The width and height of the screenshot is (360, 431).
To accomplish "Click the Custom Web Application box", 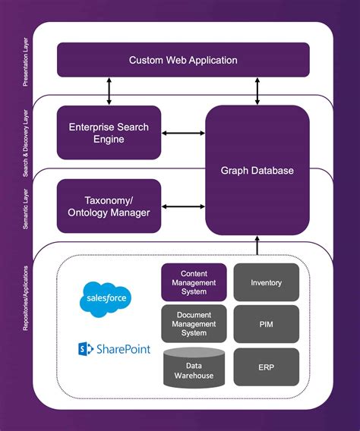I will coord(183,60).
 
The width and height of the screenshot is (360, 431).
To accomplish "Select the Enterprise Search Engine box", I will coord(109,132).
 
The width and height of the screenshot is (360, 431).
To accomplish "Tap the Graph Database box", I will coord(257,170).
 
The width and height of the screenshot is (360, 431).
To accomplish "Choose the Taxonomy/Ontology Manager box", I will coord(109,206).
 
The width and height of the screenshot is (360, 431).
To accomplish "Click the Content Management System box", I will coord(194,282).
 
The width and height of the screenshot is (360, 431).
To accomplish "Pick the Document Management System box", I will coord(194,323).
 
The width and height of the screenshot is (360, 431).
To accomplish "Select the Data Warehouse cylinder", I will coord(194,367).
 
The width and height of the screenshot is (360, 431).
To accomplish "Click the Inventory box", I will coord(266,282).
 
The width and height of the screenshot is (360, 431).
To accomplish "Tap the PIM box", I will coord(266,323).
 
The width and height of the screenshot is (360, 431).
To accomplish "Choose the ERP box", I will coord(266,367).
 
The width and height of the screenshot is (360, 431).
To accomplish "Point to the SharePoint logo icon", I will coord(85,349).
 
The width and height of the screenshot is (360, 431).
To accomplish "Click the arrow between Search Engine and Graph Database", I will coord(183,134).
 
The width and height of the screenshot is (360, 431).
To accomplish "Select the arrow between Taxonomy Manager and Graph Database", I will coord(183,206).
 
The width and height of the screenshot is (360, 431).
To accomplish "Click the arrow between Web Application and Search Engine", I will coord(109,91).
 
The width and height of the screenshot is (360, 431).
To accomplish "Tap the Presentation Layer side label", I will coord(26,62).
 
